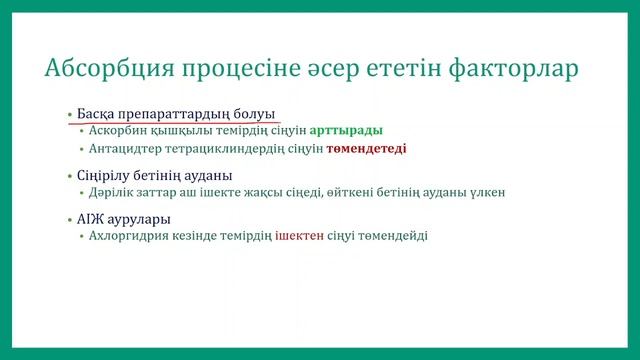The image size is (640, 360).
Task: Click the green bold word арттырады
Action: tap(346, 130)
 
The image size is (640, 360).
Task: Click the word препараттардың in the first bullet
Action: tap(176, 113)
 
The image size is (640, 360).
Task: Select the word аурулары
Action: tap(140, 217)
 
